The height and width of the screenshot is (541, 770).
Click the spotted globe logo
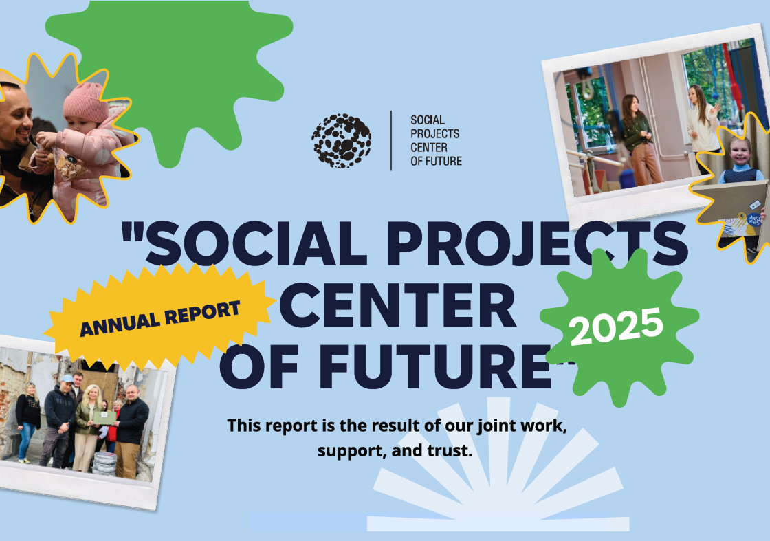tap(341, 141)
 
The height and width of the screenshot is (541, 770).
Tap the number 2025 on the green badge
tap(617, 327)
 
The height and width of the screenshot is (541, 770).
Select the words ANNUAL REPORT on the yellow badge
tap(160, 318)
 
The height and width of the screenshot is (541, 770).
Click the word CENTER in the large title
tap(398, 305)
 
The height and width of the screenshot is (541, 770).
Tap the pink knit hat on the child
tap(85, 102)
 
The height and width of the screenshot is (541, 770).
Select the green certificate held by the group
tap(104, 418)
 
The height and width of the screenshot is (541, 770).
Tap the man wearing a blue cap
tap(59, 420)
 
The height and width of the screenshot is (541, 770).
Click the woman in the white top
tap(702, 128)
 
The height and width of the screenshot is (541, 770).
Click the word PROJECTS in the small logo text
tap(435, 133)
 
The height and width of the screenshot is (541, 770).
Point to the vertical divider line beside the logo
tap(391, 140)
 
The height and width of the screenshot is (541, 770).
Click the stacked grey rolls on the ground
tap(104, 463)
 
